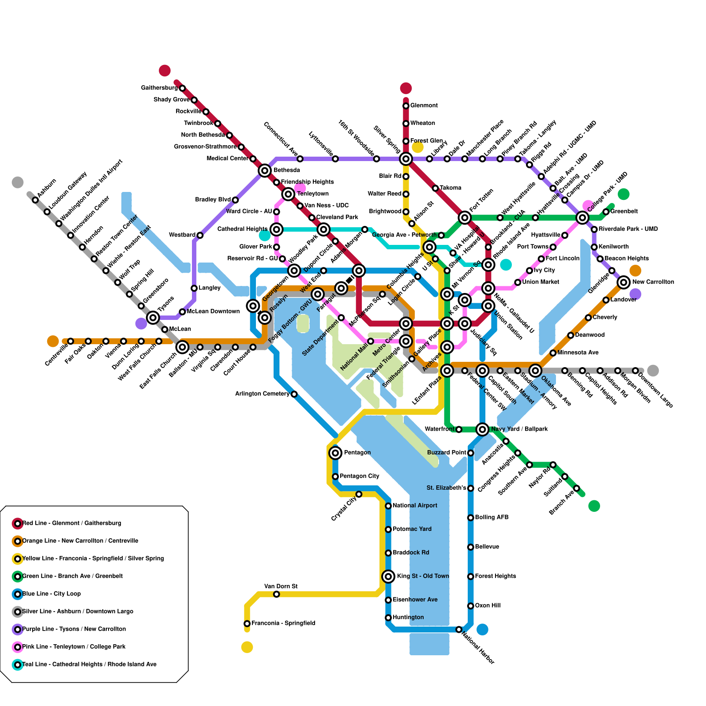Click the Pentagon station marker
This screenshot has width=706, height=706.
335,453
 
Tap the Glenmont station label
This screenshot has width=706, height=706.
424,106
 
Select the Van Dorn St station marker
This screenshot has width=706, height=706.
277,594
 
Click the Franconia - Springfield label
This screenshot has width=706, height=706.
283,623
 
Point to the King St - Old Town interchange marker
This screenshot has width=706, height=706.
388,576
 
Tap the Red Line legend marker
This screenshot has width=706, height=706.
18,524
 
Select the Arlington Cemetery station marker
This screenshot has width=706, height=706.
294,394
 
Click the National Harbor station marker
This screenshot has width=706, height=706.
459,629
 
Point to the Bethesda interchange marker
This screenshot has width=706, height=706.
265,171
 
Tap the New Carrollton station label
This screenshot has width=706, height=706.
653,282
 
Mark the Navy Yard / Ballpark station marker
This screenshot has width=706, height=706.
482,429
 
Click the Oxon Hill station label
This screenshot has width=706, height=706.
488,606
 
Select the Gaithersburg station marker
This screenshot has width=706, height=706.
182,88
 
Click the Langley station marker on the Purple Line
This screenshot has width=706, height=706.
194,288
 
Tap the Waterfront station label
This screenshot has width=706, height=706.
439,429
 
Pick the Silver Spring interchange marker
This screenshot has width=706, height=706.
406,159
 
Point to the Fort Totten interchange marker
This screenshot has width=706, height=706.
465,218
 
